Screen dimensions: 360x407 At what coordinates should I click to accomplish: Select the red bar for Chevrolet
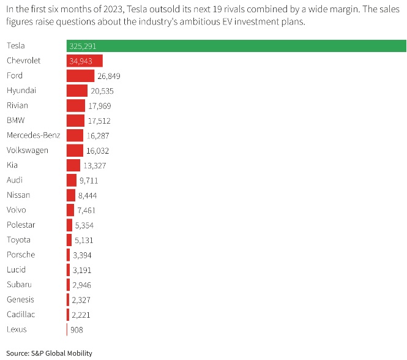point(84,61)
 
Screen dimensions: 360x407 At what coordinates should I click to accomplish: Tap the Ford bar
point(80,76)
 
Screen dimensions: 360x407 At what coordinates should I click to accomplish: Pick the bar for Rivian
point(76,105)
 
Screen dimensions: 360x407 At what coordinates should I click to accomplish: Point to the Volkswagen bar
point(75,150)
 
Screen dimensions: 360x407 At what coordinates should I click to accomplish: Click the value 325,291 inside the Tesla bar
point(83,46)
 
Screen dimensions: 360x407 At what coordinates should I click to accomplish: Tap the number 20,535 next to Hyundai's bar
point(102,91)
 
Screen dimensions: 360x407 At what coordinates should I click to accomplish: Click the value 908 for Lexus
point(77,329)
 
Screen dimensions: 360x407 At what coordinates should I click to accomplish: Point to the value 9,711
point(89,181)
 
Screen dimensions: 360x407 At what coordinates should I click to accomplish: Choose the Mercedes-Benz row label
point(33,135)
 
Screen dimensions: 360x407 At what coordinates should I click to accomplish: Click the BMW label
point(16,121)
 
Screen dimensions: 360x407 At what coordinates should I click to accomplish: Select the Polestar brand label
point(22,225)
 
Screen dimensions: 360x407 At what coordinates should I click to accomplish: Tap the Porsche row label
point(21,255)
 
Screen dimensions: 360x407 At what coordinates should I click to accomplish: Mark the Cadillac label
point(21,314)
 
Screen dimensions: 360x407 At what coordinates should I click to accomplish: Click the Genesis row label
point(21,299)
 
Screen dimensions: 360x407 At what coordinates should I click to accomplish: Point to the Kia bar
point(73,165)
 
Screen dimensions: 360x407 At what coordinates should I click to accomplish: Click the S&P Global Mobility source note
point(49,353)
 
